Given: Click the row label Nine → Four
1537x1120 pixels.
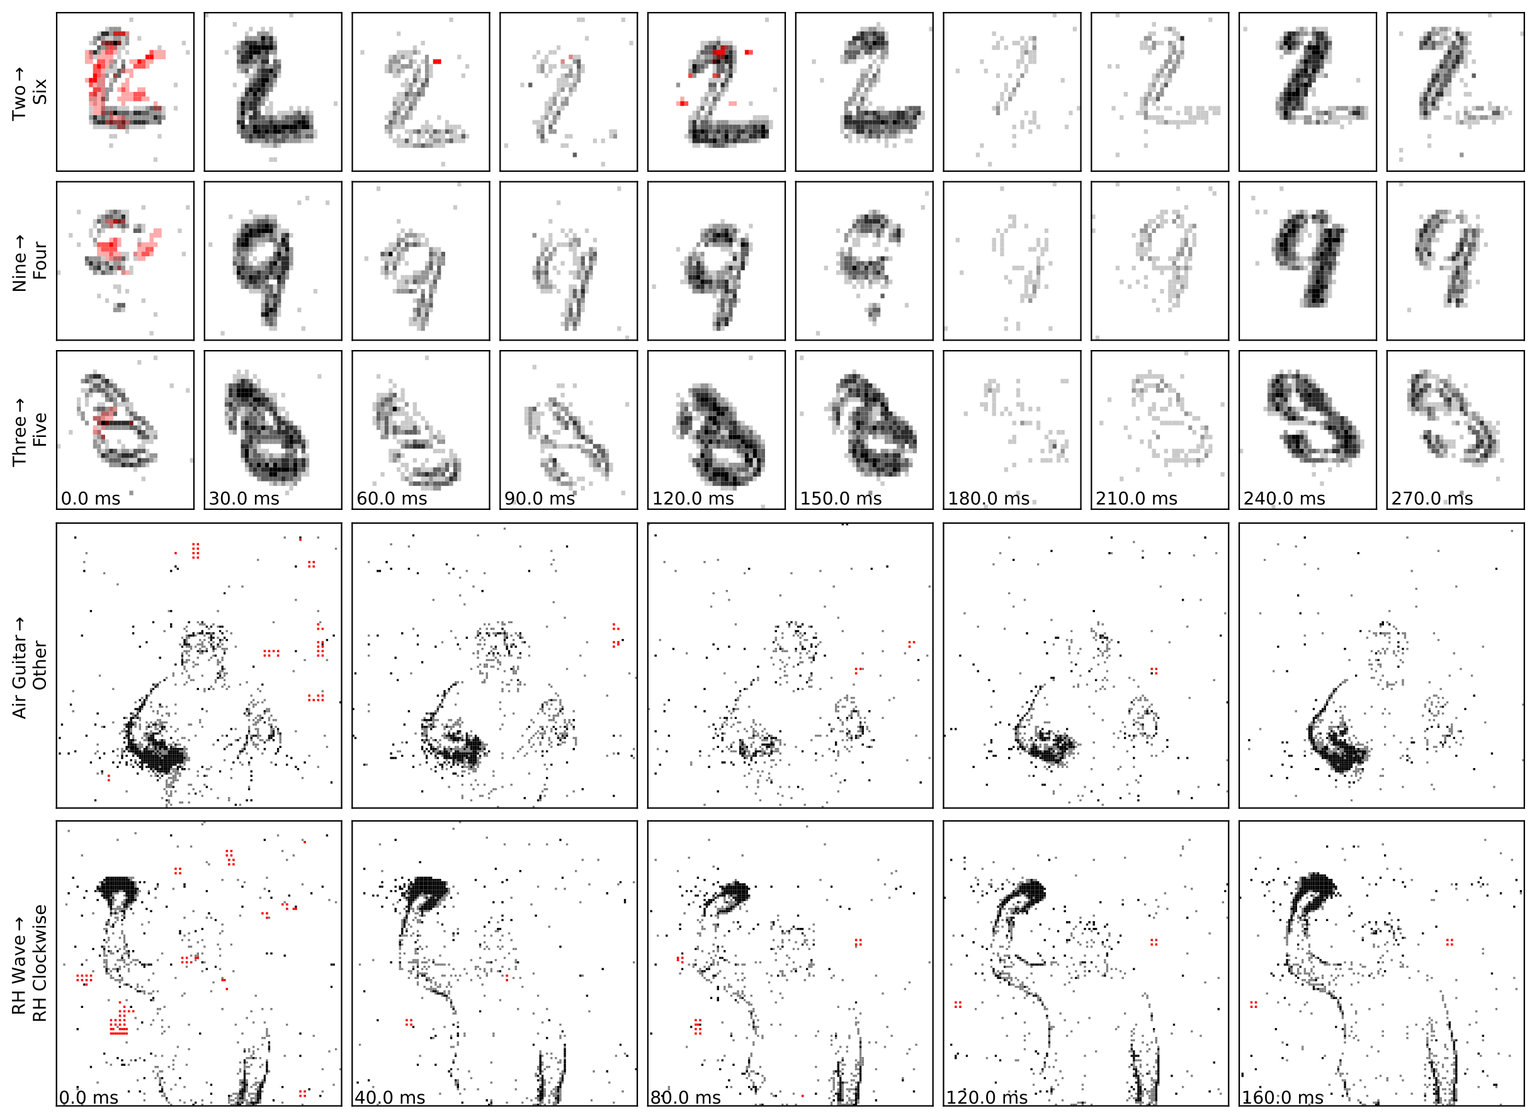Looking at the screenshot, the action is click(x=30, y=263).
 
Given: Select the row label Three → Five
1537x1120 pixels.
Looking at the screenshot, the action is click(x=30, y=431).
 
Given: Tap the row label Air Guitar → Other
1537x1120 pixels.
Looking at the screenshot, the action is click(x=30, y=667).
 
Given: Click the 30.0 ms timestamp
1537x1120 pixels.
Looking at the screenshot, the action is click(x=244, y=499).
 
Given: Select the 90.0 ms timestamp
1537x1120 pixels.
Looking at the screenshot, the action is click(x=540, y=499).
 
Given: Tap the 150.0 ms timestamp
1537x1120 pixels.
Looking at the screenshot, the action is click(x=841, y=499).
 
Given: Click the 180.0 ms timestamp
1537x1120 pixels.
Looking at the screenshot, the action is click(x=989, y=499).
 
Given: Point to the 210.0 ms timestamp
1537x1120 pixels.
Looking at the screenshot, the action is click(x=1137, y=499).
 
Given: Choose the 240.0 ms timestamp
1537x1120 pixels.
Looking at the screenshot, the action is click(x=1284, y=499).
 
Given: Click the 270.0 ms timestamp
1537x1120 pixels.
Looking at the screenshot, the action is click(x=1432, y=499).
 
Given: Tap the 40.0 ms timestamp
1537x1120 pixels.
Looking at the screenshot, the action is click(x=390, y=1097).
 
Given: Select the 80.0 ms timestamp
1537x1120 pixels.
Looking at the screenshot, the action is click(x=686, y=1097).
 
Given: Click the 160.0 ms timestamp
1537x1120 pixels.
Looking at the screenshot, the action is click(x=1282, y=1097).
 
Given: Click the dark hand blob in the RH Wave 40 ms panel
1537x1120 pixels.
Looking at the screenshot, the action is click(x=427, y=890).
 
